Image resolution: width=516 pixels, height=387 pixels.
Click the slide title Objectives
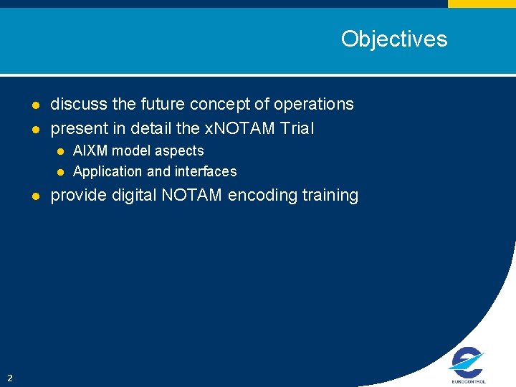[x=393, y=39]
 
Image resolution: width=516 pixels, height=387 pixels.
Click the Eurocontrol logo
[x=468, y=365]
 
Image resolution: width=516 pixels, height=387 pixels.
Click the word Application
[x=107, y=172]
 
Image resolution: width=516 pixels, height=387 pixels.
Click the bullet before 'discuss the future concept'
[x=34, y=105]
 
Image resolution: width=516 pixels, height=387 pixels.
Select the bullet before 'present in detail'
[x=34, y=130]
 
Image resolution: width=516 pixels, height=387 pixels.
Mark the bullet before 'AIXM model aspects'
[x=61, y=151]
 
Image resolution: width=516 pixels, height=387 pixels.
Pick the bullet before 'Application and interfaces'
[x=61, y=172]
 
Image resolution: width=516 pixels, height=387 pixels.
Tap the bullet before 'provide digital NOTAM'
[x=34, y=196]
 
